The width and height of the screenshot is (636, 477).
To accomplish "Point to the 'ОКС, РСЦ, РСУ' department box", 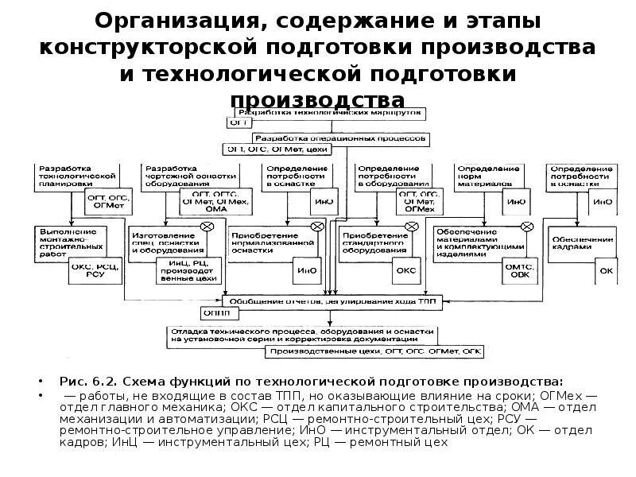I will point(97,270).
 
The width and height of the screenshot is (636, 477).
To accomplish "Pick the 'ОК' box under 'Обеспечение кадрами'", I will point(606,270).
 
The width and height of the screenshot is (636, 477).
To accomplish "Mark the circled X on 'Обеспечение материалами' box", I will point(526,227).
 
